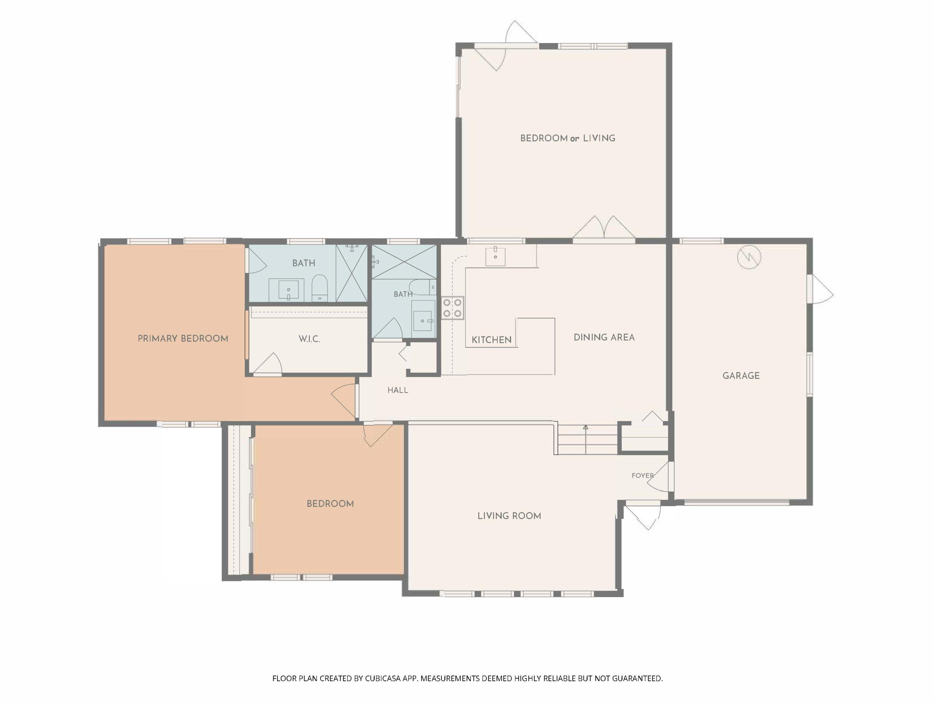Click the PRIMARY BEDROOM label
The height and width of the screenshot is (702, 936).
point(183,339)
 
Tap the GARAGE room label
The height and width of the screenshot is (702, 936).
point(741,376)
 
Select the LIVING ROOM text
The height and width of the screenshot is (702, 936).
point(509,516)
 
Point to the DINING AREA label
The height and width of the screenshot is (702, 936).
point(604,338)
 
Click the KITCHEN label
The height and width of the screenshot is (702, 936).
point(491,340)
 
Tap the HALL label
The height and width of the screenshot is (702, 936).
point(398,390)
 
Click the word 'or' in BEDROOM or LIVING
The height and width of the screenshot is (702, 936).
point(574,139)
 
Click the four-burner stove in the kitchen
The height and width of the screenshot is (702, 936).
point(452,308)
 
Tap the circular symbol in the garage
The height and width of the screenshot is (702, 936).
point(749,257)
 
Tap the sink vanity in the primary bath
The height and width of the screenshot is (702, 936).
point(289,290)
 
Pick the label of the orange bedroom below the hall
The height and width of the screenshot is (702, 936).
point(330,504)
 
